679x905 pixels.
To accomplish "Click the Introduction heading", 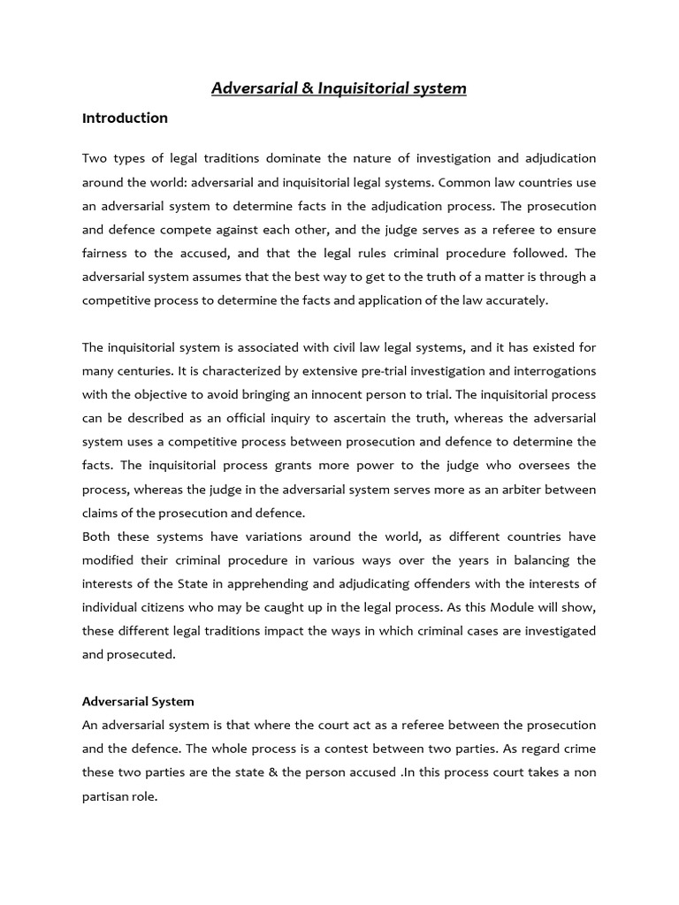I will point(125,118).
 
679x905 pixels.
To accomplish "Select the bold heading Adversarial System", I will point(138,701).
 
